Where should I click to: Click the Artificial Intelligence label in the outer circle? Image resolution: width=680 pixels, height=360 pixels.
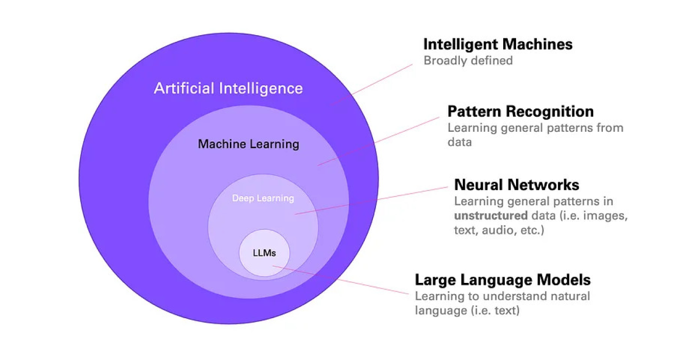(x=228, y=88)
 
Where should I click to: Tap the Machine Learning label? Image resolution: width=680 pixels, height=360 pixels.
(x=248, y=144)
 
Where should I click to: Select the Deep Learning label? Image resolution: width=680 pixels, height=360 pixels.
(x=263, y=198)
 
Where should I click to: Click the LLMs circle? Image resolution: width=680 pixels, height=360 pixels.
(x=264, y=253)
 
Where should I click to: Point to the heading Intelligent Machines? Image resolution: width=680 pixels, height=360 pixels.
(x=498, y=44)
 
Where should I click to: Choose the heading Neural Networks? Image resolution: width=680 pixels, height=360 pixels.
(x=517, y=184)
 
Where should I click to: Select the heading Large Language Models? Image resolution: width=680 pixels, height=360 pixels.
(x=502, y=280)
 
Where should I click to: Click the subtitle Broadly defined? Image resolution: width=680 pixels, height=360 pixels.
(x=468, y=60)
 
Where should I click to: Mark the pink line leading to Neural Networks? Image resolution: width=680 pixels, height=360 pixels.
(x=372, y=200)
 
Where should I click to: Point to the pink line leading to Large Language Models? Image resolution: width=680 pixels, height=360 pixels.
(x=341, y=280)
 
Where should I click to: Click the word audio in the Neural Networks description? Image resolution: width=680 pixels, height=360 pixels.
(x=491, y=230)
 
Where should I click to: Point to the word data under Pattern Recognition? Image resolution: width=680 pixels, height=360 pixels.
(x=459, y=142)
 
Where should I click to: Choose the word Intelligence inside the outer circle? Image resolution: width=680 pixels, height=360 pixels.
(x=261, y=88)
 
